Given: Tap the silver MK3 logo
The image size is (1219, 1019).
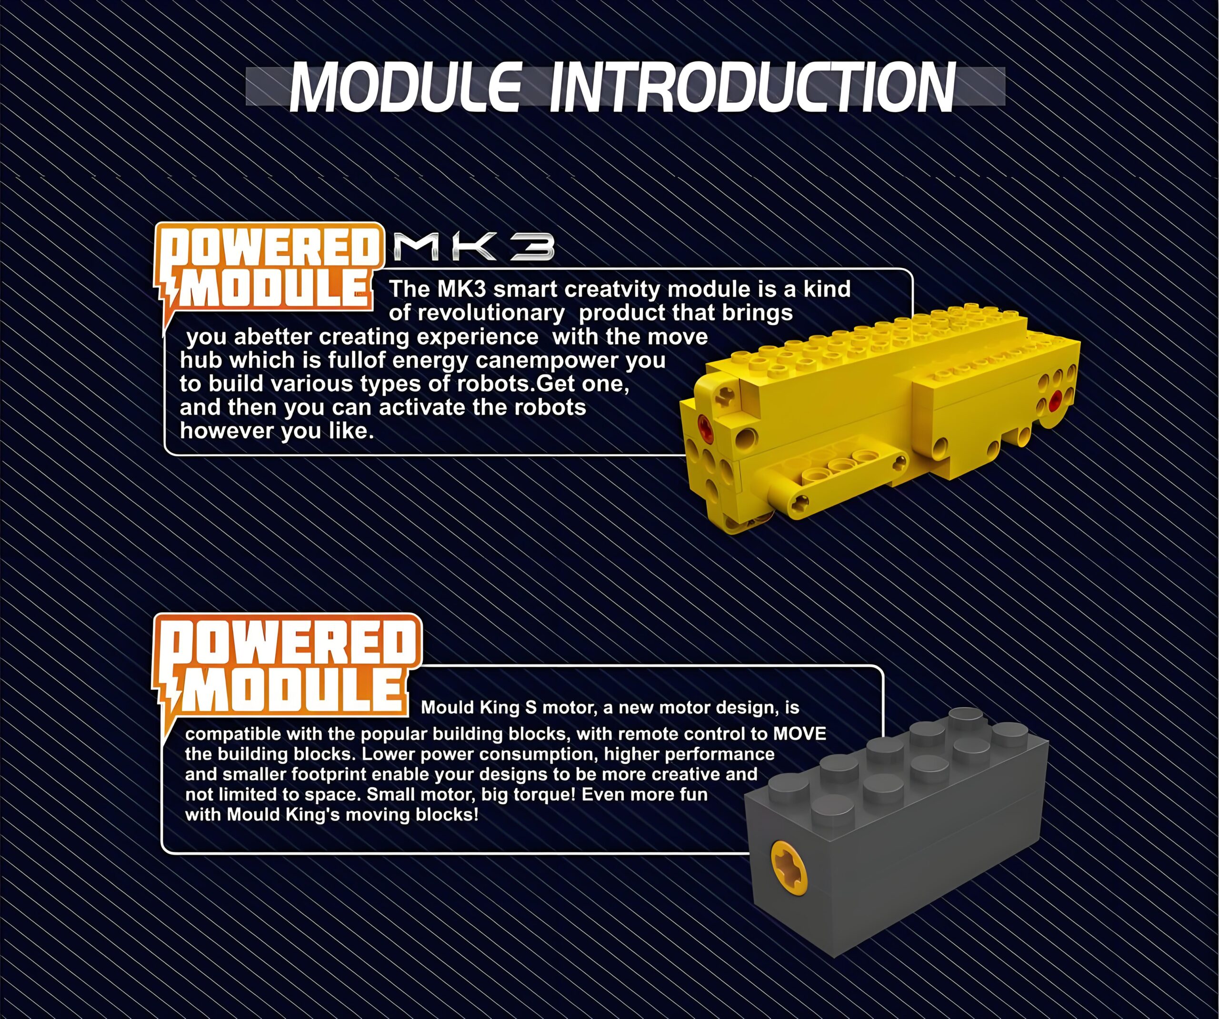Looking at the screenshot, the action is pyautogui.click(x=474, y=247).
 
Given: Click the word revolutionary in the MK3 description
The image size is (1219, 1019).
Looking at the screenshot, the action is pyautogui.click(x=477, y=313).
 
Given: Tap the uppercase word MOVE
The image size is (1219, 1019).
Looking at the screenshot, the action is pyautogui.click(x=799, y=734).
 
